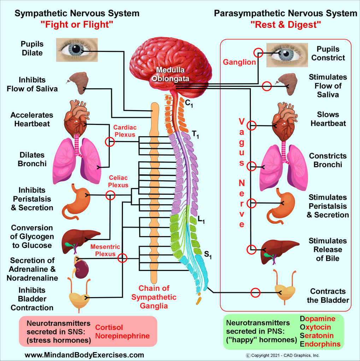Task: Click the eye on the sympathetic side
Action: (77, 50)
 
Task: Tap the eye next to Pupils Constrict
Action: (285, 55)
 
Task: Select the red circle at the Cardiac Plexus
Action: (110, 142)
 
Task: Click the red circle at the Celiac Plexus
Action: (110, 195)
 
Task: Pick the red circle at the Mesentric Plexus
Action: (122, 258)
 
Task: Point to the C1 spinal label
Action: (189, 103)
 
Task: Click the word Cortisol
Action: (109, 327)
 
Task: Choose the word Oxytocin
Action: (315, 327)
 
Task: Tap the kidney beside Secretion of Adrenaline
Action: (82, 269)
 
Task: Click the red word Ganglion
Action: (239, 62)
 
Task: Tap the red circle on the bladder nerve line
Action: (255, 293)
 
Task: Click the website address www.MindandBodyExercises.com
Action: (84, 354)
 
